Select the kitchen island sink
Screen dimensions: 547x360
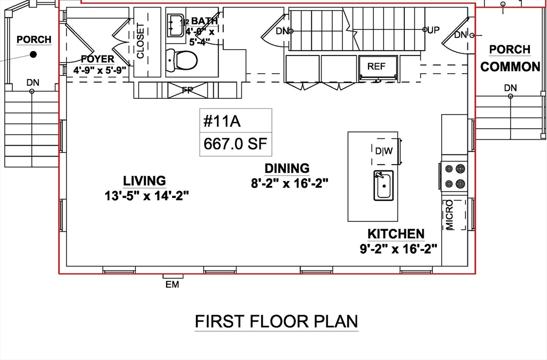384,185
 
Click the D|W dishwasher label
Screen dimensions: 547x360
384,151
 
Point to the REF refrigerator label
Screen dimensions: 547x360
376,66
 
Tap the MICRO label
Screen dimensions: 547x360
449,215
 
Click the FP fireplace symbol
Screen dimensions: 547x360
187,90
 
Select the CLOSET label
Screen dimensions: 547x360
140,41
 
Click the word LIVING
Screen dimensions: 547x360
144,181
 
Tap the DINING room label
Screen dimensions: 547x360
287,168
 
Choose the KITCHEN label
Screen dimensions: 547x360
396,234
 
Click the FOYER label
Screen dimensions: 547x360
97,59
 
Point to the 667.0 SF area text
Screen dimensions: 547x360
235,144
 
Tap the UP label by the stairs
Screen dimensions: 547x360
433,30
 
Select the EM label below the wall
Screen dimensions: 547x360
173,285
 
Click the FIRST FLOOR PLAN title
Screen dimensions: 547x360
276,322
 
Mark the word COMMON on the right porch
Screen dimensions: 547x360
510,67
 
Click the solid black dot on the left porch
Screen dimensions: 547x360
33,54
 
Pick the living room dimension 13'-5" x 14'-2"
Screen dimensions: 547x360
146,195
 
